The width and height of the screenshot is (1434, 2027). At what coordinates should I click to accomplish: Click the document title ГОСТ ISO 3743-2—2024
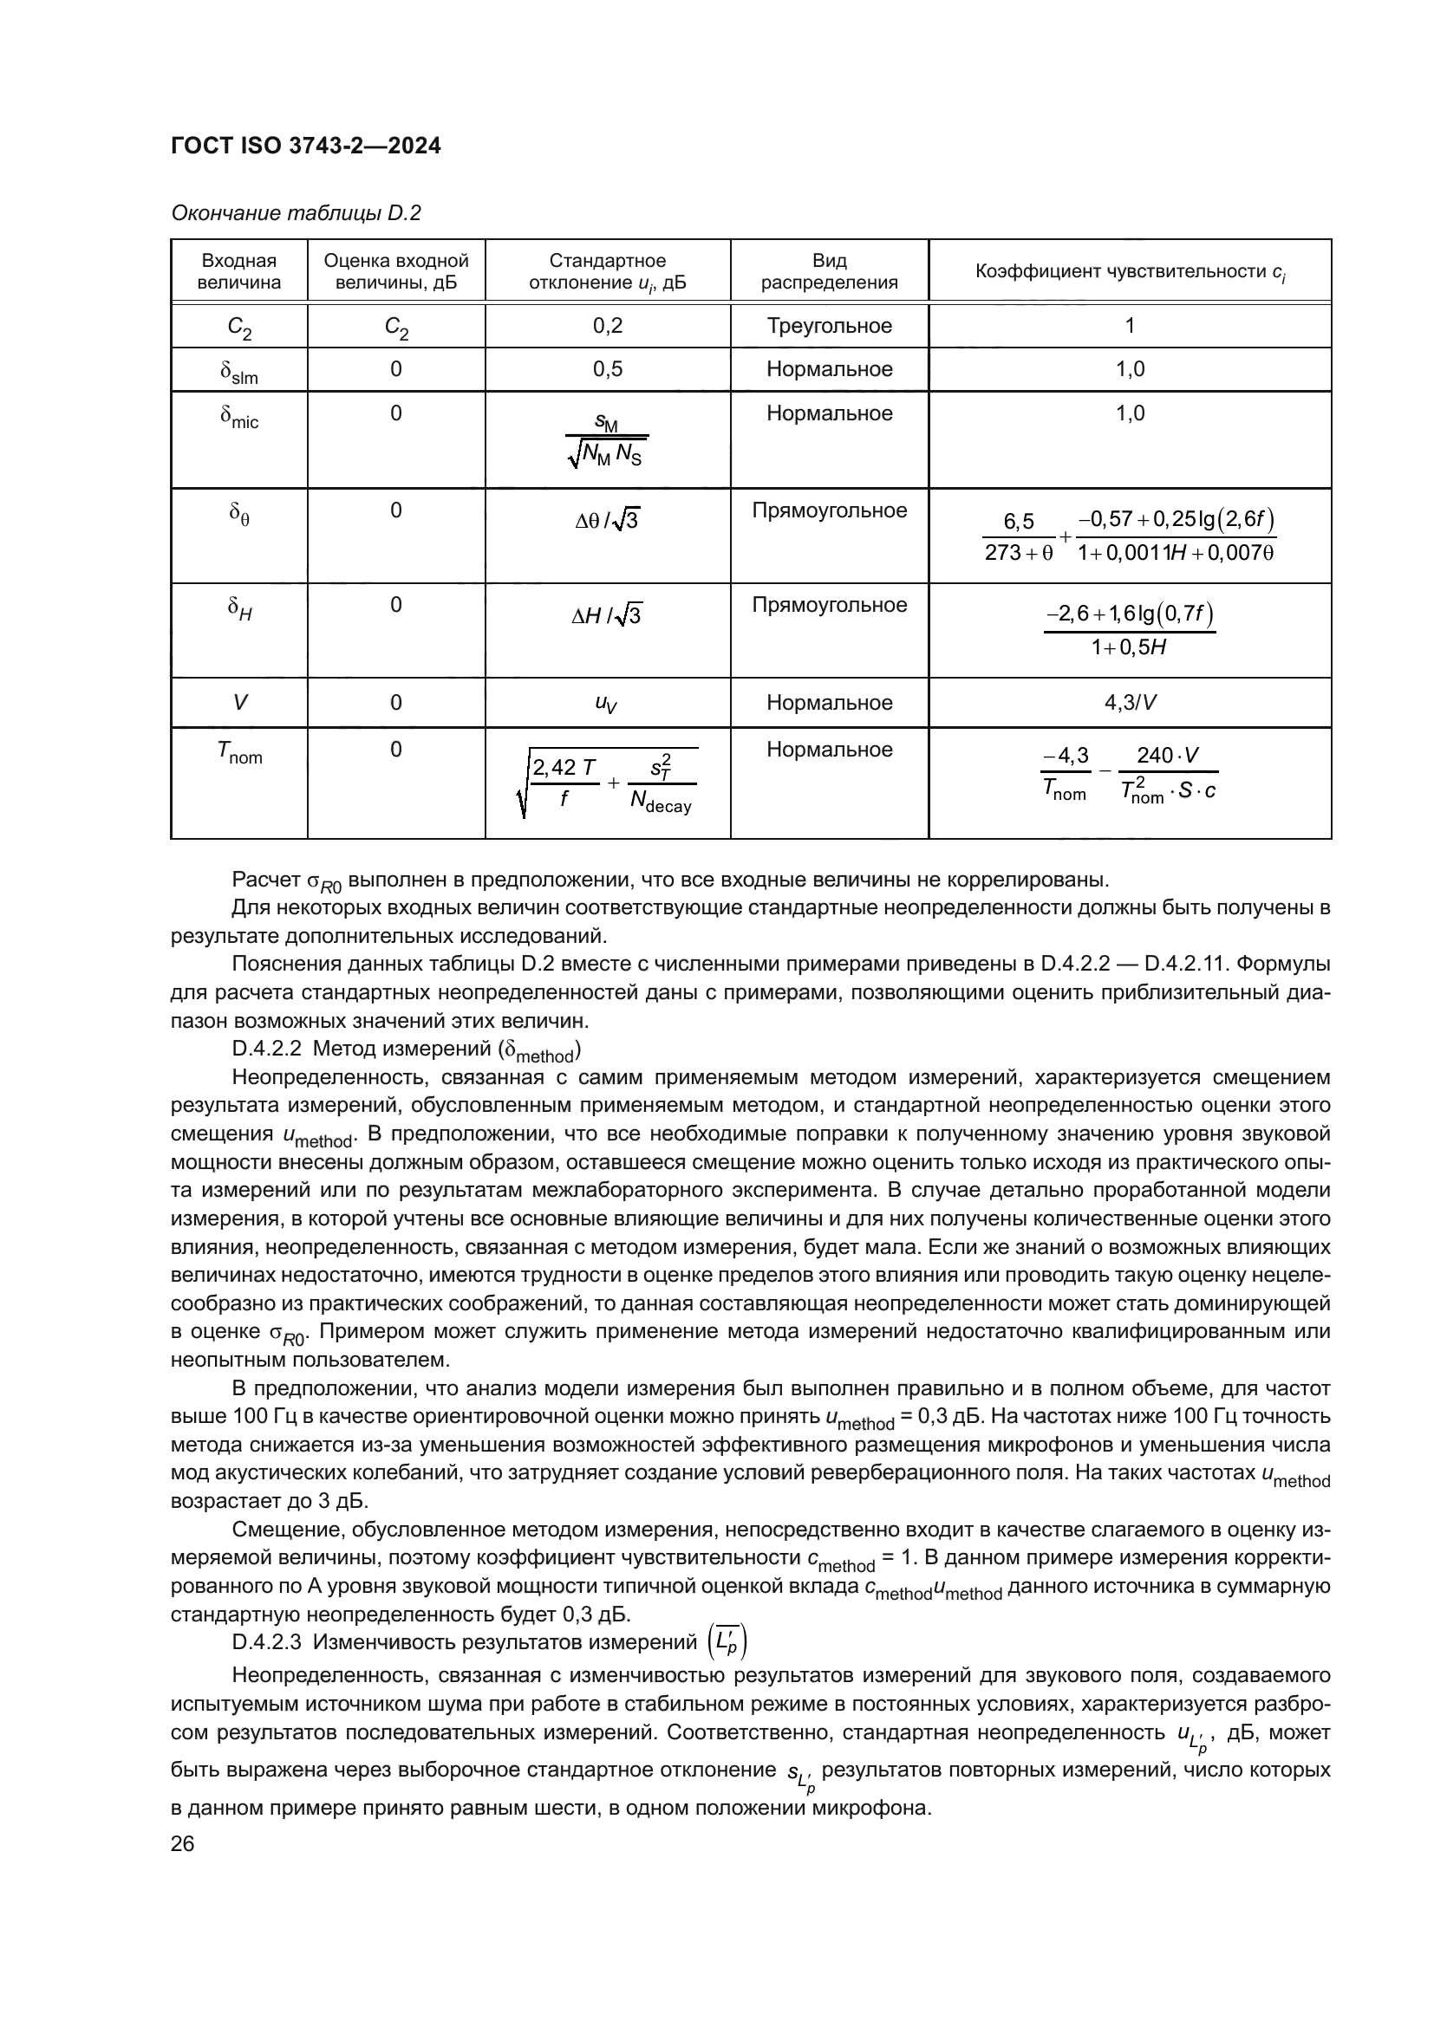[x=305, y=146]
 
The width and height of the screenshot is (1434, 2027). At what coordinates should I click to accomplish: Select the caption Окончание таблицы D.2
[x=296, y=213]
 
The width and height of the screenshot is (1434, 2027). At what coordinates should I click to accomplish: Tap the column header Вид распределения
[x=829, y=271]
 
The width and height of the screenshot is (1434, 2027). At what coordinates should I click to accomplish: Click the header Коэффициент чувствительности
[x=1130, y=272]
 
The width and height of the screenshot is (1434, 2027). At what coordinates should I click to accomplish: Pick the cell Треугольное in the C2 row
[x=829, y=326]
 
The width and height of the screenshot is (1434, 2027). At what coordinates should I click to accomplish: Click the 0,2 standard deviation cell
[x=608, y=326]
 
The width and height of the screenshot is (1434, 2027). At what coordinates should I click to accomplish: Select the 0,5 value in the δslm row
[x=608, y=369]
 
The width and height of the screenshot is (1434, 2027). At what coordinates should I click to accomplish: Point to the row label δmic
[x=239, y=416]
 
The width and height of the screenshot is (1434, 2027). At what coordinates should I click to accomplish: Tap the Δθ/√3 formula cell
[x=608, y=521]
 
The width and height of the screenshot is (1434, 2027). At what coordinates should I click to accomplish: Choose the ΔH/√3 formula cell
[x=608, y=615]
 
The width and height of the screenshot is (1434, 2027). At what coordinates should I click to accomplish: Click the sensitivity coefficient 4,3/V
[x=1130, y=703]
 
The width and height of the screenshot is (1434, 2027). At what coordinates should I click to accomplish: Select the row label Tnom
[x=239, y=752]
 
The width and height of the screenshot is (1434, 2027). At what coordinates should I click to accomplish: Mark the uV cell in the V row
[x=608, y=703]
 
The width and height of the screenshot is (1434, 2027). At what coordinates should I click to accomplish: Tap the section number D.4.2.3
[x=267, y=1641]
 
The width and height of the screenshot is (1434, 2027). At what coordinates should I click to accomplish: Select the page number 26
[x=183, y=1842]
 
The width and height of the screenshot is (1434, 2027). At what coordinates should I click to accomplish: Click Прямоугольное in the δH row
[x=829, y=605]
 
